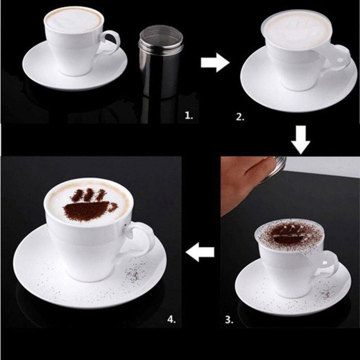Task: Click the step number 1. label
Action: (189, 116)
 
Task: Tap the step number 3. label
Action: (229, 320)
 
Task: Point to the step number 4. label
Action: (171, 319)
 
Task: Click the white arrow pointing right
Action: (215, 63)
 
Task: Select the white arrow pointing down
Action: (301, 140)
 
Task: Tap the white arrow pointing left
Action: (200, 253)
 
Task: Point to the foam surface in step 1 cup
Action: (75, 20)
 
